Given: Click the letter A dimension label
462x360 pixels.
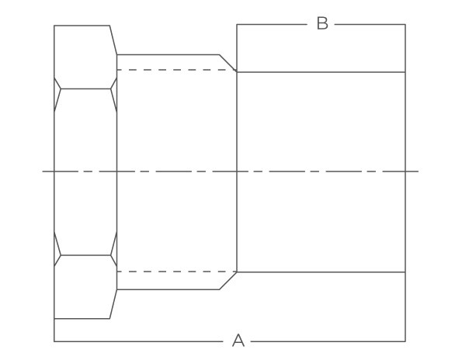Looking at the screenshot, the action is coord(238,341).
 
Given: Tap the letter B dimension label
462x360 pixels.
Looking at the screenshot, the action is coord(322,23).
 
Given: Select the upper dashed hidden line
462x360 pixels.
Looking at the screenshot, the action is coord(176,70).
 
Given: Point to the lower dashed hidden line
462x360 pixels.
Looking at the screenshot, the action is coord(176,272).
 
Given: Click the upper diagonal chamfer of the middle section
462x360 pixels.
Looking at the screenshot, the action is coord(228,63).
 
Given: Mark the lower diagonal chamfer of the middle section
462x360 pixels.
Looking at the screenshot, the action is coord(228,281).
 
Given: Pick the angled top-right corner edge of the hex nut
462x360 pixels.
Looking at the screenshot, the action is coord(113,40).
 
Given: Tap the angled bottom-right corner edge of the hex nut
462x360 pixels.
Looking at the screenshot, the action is coord(113,304).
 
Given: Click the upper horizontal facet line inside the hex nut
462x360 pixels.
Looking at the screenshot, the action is coord(85,88).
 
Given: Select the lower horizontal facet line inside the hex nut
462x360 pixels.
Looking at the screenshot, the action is coord(85,255).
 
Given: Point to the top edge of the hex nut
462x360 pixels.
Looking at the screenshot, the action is coord(82,26).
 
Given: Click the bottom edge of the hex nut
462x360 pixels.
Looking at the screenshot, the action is coord(82,319).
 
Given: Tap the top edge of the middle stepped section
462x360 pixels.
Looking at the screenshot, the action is coord(168,54).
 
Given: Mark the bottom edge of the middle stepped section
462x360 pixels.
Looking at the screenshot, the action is coord(168,289).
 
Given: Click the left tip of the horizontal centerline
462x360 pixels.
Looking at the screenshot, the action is coord(43,171).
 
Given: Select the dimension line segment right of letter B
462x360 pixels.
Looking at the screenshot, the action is coord(370,24).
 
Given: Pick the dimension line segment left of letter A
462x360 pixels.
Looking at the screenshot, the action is coord(138,341).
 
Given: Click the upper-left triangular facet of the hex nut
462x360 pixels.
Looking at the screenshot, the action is coord(57,95).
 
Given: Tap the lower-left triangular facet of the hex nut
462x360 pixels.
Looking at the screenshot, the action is coord(57,249).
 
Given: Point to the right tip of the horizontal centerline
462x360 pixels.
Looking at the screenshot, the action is coord(419,171).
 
